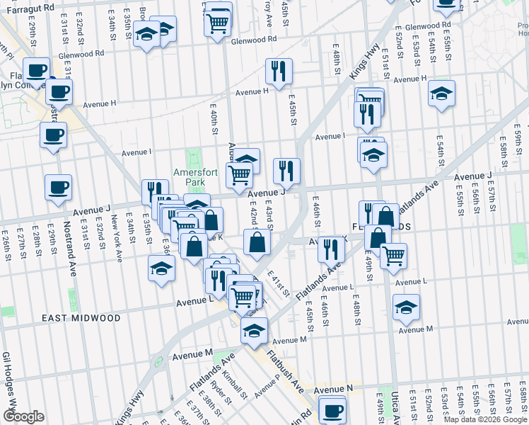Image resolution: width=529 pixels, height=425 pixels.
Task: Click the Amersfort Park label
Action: (190, 176)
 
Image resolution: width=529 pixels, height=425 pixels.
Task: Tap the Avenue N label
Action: (333, 390)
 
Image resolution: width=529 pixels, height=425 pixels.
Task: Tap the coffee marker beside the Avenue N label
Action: (332, 409)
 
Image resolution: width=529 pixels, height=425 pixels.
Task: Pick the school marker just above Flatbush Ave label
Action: (254, 329)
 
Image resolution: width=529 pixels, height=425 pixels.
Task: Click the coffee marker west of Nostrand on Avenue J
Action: (58, 188)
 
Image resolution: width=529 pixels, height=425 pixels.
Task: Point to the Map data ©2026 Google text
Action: (484, 419)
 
